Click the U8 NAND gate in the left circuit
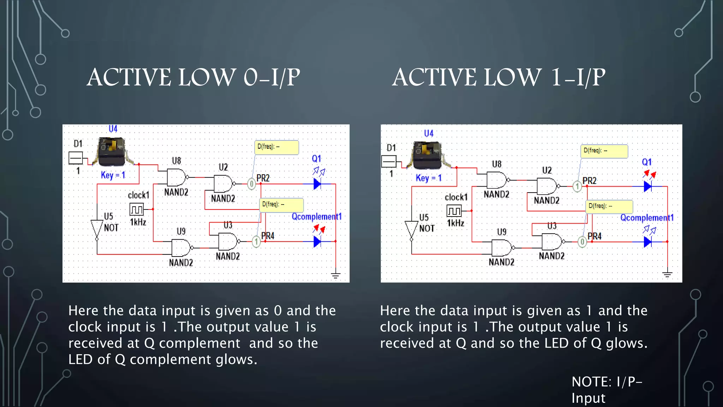coord(177,177)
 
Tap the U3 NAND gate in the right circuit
coord(552,242)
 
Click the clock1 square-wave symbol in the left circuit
coord(137,209)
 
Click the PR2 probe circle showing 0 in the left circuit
coord(251,184)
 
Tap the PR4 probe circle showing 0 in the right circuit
coord(582,242)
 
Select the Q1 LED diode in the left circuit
coord(317,184)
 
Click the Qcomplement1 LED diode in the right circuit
coord(647,242)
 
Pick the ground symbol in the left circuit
coord(335,275)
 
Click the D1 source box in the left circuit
coord(76,158)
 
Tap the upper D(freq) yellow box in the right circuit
coord(604,151)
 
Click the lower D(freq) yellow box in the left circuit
coord(281,205)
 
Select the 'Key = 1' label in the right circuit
coord(429,178)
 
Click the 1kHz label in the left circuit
coord(138,222)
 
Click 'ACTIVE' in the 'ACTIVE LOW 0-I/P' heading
coord(129,77)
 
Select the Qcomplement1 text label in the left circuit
coord(316,217)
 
